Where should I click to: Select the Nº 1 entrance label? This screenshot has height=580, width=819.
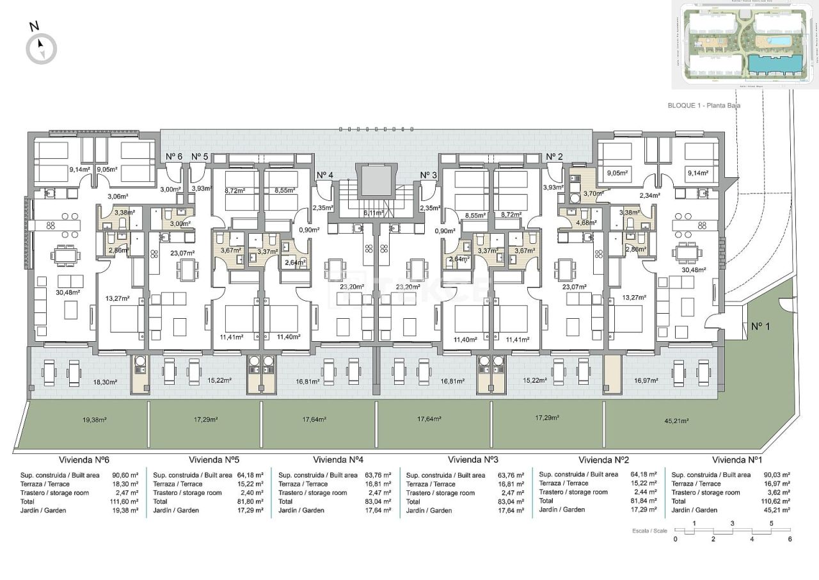point(759,326)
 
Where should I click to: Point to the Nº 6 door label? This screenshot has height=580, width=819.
point(174,157)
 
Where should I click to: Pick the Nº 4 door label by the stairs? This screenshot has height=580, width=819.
point(324,175)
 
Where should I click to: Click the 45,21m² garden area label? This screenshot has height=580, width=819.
point(676,421)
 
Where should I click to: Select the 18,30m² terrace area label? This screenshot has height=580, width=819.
point(105,382)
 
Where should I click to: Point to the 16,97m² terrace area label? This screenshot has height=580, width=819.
point(646,380)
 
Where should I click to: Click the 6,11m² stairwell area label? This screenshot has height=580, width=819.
point(373,213)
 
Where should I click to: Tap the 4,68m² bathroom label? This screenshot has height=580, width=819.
point(586,223)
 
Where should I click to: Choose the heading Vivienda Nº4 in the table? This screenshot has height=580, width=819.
point(338,460)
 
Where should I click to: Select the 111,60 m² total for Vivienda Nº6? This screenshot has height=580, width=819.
point(126,501)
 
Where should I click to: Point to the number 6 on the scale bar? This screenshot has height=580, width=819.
point(790,539)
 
